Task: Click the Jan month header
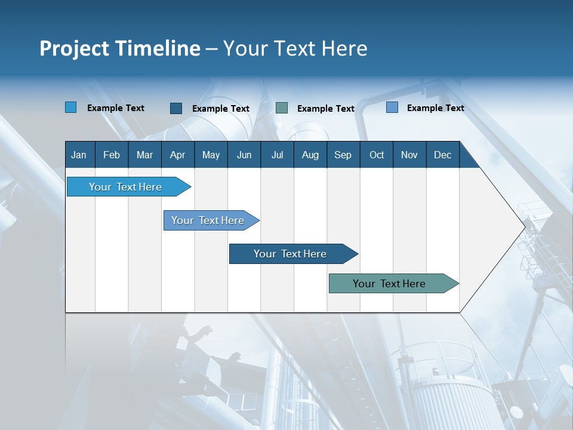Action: pyautogui.click(x=79, y=155)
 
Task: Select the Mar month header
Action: pyautogui.click(x=144, y=155)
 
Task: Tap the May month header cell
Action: pyautogui.click(x=211, y=155)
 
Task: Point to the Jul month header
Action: pyautogui.click(x=277, y=155)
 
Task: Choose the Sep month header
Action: pyautogui.click(x=343, y=155)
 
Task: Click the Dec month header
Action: pyautogui.click(x=442, y=155)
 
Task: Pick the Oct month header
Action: pyautogui.click(x=377, y=155)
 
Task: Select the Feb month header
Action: pyautogui.click(x=112, y=155)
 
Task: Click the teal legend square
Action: pyautogui.click(x=282, y=108)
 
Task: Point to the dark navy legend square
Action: pyautogui.click(x=176, y=108)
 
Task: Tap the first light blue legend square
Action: pyautogui.click(x=71, y=107)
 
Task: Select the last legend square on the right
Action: pyautogui.click(x=392, y=107)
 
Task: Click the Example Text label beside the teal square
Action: pyautogui.click(x=325, y=109)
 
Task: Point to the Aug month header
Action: pyautogui.click(x=310, y=155)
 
